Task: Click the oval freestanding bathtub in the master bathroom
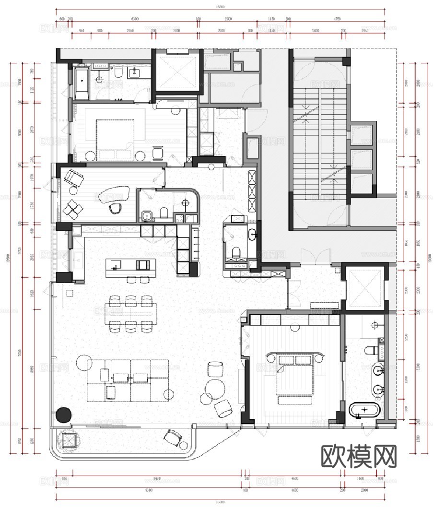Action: point(364,410)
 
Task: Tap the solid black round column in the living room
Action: point(63,414)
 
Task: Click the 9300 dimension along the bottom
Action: point(149,491)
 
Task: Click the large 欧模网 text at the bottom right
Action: point(359,457)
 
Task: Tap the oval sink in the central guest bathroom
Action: point(252,235)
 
